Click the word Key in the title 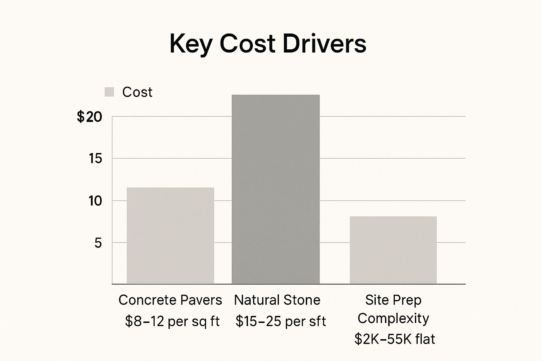191,44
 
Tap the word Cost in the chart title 247,44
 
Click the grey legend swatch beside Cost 109,92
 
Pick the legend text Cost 137,92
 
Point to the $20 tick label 89,117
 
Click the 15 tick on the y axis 95,159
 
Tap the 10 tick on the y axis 95,201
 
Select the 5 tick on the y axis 98,243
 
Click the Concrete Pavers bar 170,235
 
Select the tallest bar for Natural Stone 275,189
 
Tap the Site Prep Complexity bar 393,250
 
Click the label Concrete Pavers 170,300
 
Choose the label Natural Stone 277,300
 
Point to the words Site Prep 393,300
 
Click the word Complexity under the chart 393,318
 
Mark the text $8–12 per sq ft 172,321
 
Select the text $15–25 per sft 281,321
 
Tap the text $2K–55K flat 394,339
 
